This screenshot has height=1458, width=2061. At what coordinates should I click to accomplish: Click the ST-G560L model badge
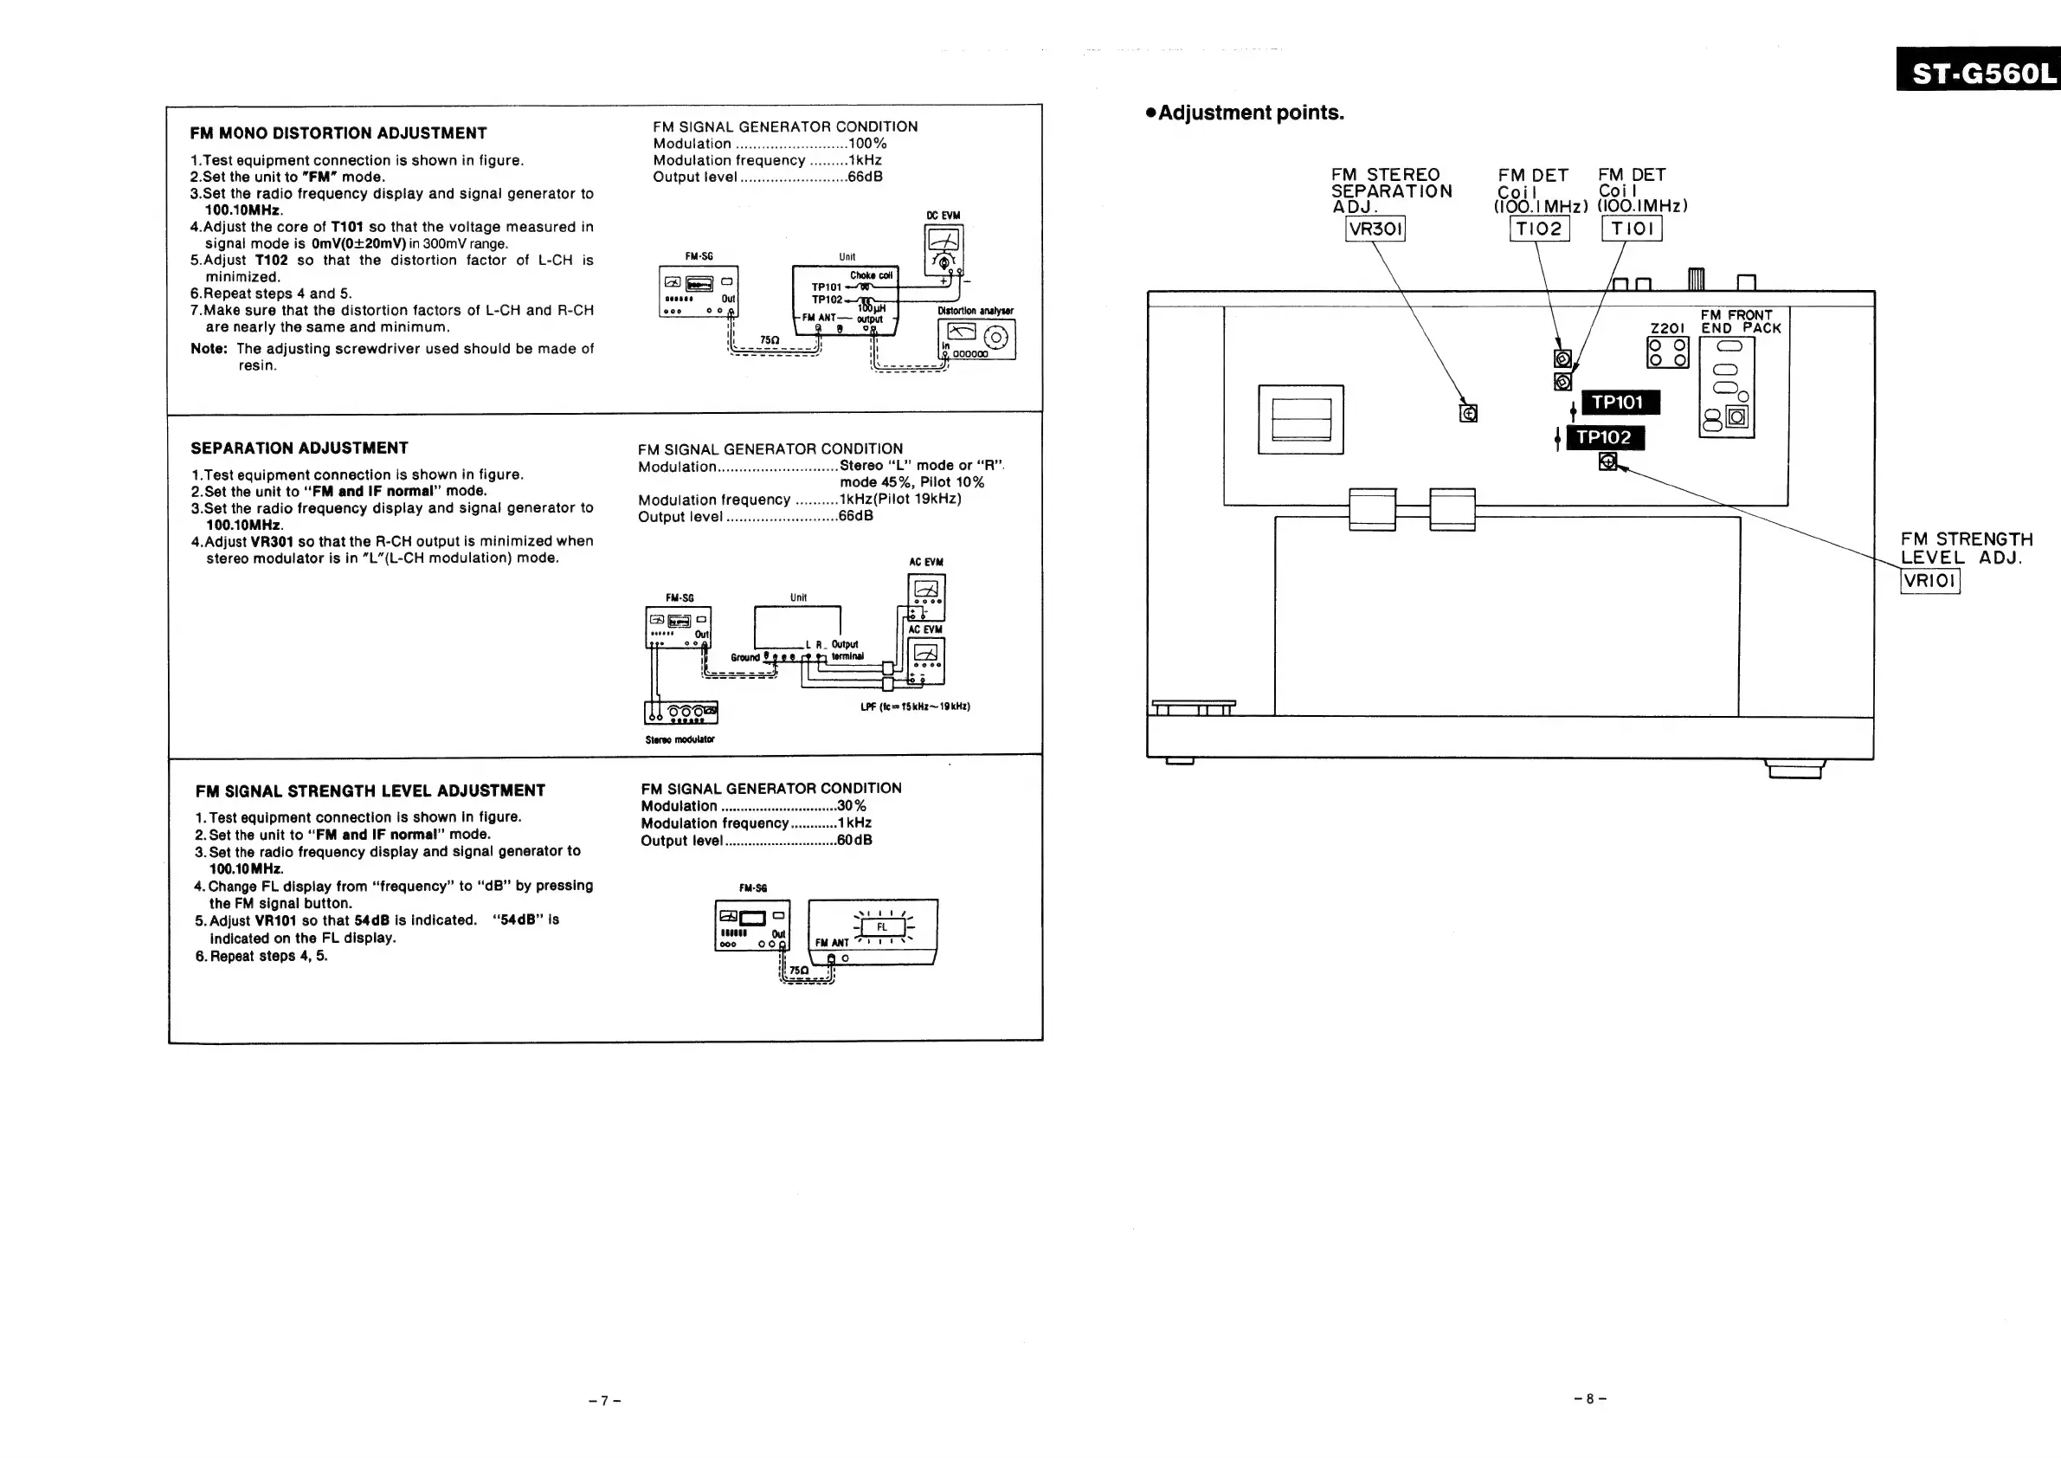[x=1979, y=70]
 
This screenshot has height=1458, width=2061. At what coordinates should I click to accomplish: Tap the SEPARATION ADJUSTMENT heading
[x=299, y=448]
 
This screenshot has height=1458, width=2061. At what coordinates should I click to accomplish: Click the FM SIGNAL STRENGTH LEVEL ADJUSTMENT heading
[x=370, y=791]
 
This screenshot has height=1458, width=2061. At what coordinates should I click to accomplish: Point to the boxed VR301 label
[x=1375, y=229]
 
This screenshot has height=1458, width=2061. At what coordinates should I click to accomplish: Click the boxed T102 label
[x=1538, y=229]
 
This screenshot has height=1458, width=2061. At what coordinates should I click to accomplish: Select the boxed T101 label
[x=1631, y=229]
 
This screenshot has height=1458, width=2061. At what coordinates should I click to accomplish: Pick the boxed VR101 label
[x=1930, y=581]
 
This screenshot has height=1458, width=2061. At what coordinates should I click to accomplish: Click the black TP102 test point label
[x=1604, y=437]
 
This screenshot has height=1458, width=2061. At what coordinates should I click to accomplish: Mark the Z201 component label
[x=1667, y=329]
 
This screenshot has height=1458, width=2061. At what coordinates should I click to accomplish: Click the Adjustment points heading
[x=1250, y=113]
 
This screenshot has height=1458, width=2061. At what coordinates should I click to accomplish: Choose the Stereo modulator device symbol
[x=681, y=713]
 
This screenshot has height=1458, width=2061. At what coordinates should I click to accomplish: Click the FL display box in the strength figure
[x=882, y=927]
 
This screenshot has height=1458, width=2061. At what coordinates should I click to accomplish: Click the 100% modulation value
[x=867, y=144]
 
